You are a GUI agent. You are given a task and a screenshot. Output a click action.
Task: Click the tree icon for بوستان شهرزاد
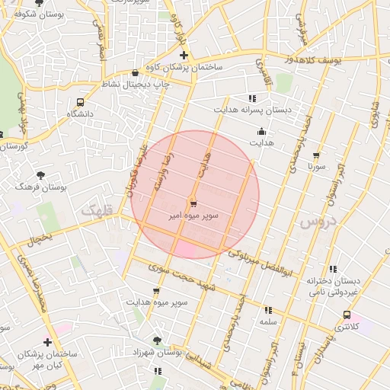[158, 340]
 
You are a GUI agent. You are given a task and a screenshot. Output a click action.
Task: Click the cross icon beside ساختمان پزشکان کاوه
[183, 55]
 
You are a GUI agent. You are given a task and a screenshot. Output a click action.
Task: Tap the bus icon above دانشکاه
[81, 102]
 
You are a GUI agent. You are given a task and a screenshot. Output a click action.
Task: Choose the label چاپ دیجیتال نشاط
[134, 84]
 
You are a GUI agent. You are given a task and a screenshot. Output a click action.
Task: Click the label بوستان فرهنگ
[41, 186]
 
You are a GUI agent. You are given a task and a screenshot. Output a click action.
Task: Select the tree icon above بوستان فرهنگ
[40, 174]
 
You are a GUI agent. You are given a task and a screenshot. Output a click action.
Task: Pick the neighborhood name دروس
[317, 220]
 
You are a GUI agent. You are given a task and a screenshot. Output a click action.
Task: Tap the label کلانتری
[347, 327]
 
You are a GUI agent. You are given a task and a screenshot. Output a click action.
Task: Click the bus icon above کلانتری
[347, 314]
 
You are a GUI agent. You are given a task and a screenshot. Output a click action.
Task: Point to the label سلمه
[267, 322]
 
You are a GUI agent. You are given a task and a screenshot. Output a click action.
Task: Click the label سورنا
[316, 165]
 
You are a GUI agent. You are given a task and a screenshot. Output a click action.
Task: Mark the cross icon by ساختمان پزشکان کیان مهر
[47, 342]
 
